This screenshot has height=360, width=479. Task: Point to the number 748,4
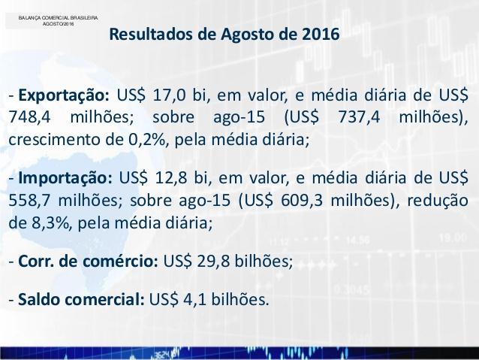pyautogui.click(x=29, y=117)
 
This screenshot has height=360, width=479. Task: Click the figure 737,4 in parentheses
pyautogui.click(x=359, y=117)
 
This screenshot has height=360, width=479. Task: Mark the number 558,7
pyautogui.click(x=29, y=201)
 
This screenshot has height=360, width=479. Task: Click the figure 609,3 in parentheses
pyautogui.click(x=302, y=201)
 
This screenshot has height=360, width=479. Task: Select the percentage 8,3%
pyautogui.click(x=50, y=223)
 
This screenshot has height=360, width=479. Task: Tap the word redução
pyautogui.click(x=438, y=201)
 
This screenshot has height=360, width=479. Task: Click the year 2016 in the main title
pyautogui.click(x=321, y=34)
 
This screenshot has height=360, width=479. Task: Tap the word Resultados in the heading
pyautogui.click(x=151, y=34)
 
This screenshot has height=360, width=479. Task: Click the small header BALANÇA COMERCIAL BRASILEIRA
pyautogui.click(x=58, y=18)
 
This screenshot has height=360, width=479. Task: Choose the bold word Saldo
pyautogui.click(x=39, y=299)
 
